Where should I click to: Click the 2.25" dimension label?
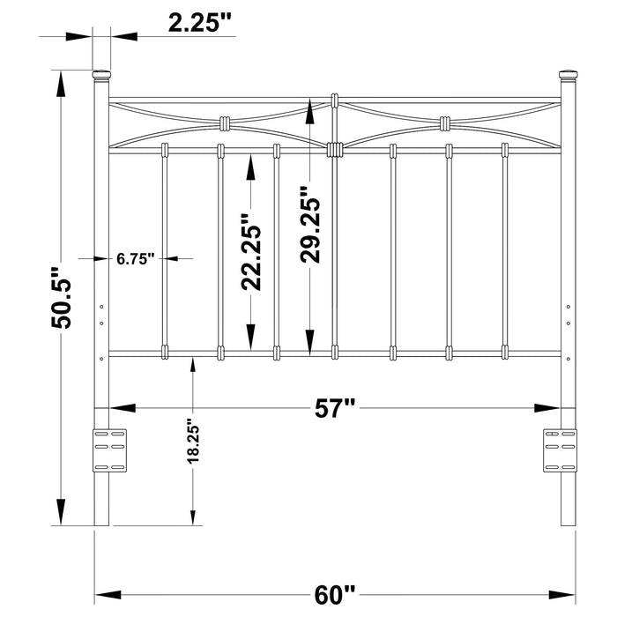[201, 24]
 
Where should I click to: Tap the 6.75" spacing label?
[136, 258]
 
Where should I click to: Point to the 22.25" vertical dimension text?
[252, 251]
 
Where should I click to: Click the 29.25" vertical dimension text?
[310, 225]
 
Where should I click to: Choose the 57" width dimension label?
[336, 407]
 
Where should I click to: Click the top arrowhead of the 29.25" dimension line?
[310, 112]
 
